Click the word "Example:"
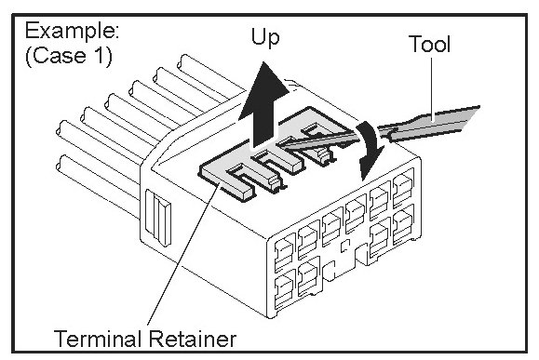(72, 31)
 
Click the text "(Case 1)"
(69, 55)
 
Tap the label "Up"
(265, 37)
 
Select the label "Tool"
(429, 44)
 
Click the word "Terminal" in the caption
(100, 339)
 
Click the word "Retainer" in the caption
(193, 339)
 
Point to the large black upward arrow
(263, 105)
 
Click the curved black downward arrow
(370, 150)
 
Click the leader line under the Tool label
(432, 89)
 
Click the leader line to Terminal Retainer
(184, 253)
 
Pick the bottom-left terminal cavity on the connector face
(285, 287)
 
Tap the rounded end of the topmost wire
(182, 61)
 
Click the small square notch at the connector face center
(344, 246)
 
